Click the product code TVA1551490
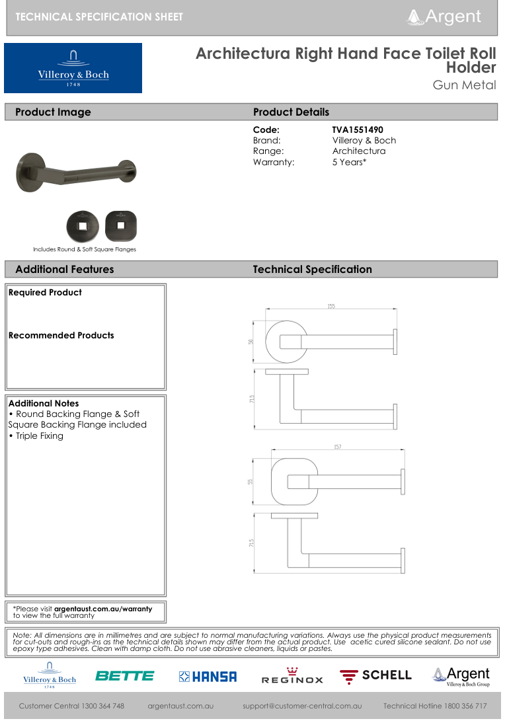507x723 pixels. tap(357, 130)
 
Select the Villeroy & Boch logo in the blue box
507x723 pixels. tap(73, 68)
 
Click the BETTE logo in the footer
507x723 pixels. tap(124, 675)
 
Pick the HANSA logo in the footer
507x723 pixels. tap(208, 676)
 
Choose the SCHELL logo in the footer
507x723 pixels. tap(375, 675)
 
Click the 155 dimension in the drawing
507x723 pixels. tap(331, 306)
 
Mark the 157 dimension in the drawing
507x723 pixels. tap(338, 447)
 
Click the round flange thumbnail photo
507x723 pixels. tap(81, 227)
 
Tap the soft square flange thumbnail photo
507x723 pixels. tap(120, 227)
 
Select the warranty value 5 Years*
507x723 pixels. tap(349, 162)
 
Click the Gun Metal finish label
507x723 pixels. tap(464, 85)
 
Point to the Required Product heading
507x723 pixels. tap(46, 293)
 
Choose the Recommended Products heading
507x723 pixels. tap(61, 336)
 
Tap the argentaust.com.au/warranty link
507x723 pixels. tap(103, 609)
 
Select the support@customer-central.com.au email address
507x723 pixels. tap(302, 706)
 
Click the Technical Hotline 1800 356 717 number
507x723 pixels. tap(435, 706)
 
